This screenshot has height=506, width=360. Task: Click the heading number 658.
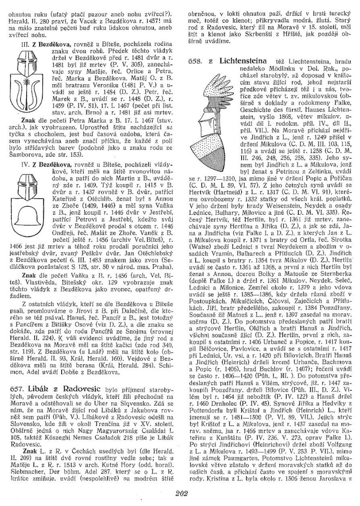194,60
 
